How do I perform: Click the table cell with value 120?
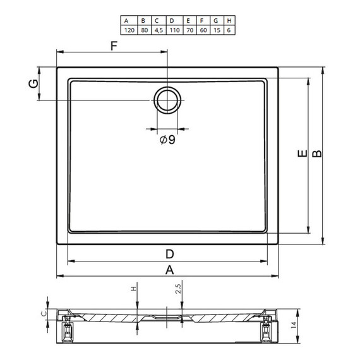coord(129,30)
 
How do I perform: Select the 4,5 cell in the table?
coord(159,30)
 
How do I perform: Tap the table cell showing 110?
coord(174,30)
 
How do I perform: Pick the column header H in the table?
coord(229,21)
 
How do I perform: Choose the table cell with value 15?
coord(217,30)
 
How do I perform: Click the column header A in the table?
coord(126,21)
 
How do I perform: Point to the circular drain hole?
coord(167,100)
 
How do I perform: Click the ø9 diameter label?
coord(167,140)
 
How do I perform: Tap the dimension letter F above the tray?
coord(114,46)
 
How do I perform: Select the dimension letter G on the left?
coord(33,83)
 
